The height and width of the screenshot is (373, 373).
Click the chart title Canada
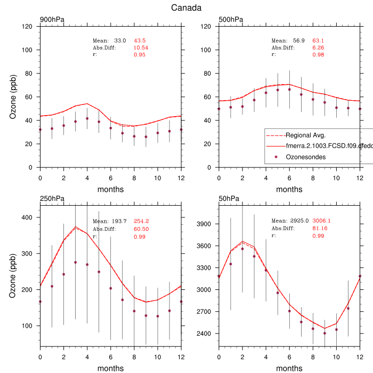pyautogui.click(x=186, y=8)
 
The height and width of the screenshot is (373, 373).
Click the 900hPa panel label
pyautogui.click(x=52, y=20)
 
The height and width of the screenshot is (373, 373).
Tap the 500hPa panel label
pyautogui.click(x=231, y=20)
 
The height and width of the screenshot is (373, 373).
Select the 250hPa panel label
pyautogui.click(x=52, y=199)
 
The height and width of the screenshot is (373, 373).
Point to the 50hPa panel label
pyautogui.click(x=229, y=199)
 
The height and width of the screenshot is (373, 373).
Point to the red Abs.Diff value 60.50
pyautogui.click(x=141, y=229)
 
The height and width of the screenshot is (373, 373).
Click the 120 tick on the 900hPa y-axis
pyautogui.click(x=29, y=27)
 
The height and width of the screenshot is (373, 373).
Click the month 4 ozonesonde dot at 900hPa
pyautogui.click(x=87, y=118)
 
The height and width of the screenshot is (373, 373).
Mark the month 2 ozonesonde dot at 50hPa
pyautogui.click(x=242, y=249)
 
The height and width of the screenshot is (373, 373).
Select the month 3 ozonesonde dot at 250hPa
pyautogui.click(x=75, y=262)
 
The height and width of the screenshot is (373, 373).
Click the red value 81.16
pyautogui.click(x=319, y=229)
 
